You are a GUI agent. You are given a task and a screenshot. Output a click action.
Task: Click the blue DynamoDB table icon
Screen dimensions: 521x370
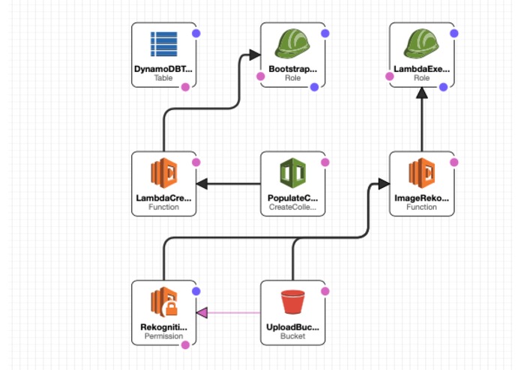click(164, 44)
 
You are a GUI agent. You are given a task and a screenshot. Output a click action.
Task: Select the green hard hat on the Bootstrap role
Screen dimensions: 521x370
click(292, 43)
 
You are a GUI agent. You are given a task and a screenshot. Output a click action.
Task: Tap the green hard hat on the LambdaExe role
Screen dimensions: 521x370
click(421, 43)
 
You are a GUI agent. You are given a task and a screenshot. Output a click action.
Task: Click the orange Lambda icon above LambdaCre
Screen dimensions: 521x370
click(164, 173)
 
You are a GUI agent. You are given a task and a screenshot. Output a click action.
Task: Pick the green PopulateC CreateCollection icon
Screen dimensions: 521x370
click(292, 173)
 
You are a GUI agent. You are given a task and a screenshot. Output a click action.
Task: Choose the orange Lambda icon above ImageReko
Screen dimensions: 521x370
click(421, 173)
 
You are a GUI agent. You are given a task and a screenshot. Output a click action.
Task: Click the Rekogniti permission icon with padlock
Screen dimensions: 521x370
click(164, 302)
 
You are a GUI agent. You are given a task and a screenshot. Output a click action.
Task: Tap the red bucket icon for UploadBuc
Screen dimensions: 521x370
click(292, 302)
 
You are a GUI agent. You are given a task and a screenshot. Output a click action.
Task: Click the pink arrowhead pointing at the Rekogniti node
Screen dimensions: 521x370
click(202, 312)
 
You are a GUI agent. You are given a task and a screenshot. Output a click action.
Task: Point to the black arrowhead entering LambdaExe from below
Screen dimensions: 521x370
click(422, 93)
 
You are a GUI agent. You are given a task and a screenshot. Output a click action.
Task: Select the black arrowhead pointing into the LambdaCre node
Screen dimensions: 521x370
click(202, 184)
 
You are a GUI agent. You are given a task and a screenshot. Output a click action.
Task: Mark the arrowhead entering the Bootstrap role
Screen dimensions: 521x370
click(255, 55)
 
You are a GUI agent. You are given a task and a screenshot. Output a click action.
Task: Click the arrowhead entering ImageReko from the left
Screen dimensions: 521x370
click(384, 184)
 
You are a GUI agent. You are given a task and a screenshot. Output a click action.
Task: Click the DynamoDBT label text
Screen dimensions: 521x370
click(163, 69)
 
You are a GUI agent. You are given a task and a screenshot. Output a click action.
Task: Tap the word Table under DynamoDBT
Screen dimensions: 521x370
click(163, 78)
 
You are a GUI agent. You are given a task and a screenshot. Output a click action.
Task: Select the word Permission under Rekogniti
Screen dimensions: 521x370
click(164, 336)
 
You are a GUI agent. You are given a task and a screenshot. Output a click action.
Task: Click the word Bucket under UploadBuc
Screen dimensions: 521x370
click(292, 336)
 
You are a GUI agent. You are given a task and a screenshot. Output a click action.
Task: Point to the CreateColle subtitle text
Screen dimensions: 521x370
click(292, 207)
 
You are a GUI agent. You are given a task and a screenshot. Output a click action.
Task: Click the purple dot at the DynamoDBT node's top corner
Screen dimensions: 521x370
click(196, 33)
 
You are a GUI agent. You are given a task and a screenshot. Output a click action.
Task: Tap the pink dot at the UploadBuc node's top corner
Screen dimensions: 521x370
click(325, 291)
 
